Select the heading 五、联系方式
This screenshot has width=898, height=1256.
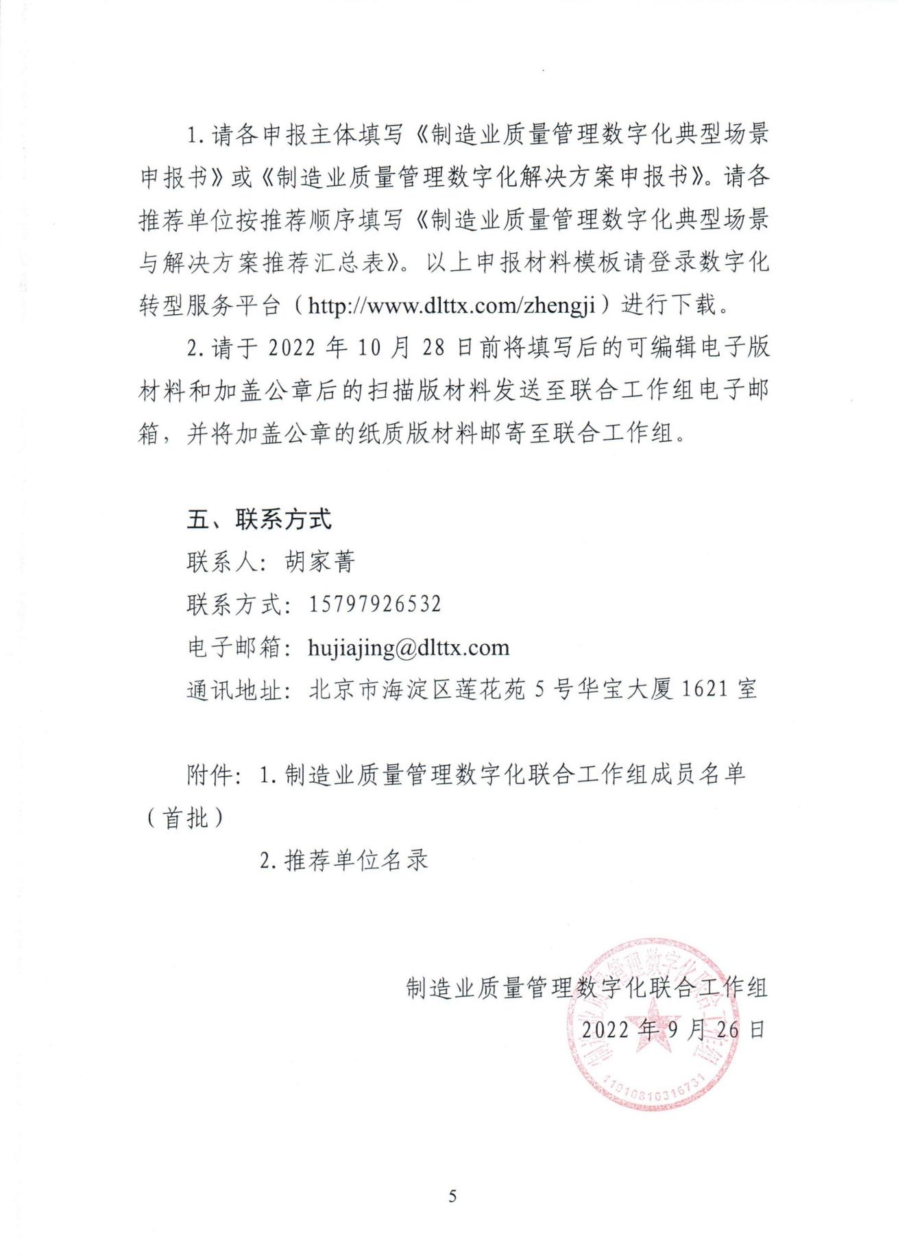point(259,519)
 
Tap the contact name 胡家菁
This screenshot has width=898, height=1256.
point(320,562)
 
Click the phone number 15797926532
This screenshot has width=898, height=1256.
point(375,604)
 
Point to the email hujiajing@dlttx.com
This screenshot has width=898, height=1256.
point(409,648)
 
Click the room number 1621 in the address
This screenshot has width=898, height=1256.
point(705,689)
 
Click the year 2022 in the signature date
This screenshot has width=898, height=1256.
point(606,1029)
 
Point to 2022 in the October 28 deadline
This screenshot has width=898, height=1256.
point(292,348)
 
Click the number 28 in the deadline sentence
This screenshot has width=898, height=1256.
point(434,348)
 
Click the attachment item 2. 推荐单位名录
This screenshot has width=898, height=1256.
point(344,860)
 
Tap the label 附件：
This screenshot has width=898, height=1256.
point(213,774)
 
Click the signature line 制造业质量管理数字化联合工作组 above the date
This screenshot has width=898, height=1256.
point(587,988)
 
